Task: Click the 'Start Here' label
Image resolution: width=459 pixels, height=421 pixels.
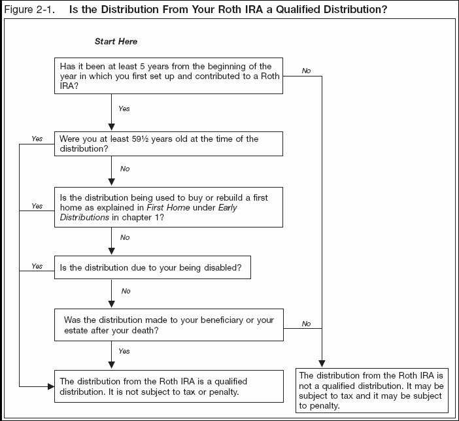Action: pyautogui.click(x=116, y=41)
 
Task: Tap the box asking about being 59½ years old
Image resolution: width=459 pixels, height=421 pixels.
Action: pyautogui.click(x=169, y=144)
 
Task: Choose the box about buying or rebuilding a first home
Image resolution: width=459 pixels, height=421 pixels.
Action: pyautogui.click(x=169, y=207)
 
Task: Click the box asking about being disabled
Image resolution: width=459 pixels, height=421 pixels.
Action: pyautogui.click(x=152, y=267)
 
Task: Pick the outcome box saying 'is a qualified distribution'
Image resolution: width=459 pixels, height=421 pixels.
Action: pyautogui.click(x=169, y=386)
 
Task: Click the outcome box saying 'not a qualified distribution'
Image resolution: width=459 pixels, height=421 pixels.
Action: pyautogui.click(x=372, y=390)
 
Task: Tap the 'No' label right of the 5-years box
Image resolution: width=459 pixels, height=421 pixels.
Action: pyautogui.click(x=306, y=71)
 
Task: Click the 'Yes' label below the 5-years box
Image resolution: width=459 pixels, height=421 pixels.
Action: pyautogui.click(x=124, y=109)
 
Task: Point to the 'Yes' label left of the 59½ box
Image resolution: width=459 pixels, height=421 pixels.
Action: pyautogui.click(x=37, y=139)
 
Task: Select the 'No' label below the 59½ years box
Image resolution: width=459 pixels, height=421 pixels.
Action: pyautogui.click(x=125, y=169)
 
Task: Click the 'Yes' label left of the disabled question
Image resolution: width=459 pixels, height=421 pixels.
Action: pyautogui.click(x=37, y=266)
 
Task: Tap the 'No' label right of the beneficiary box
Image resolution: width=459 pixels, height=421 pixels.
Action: pyautogui.click(x=306, y=324)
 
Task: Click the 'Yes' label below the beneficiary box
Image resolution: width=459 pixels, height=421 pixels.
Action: pyautogui.click(x=124, y=351)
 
